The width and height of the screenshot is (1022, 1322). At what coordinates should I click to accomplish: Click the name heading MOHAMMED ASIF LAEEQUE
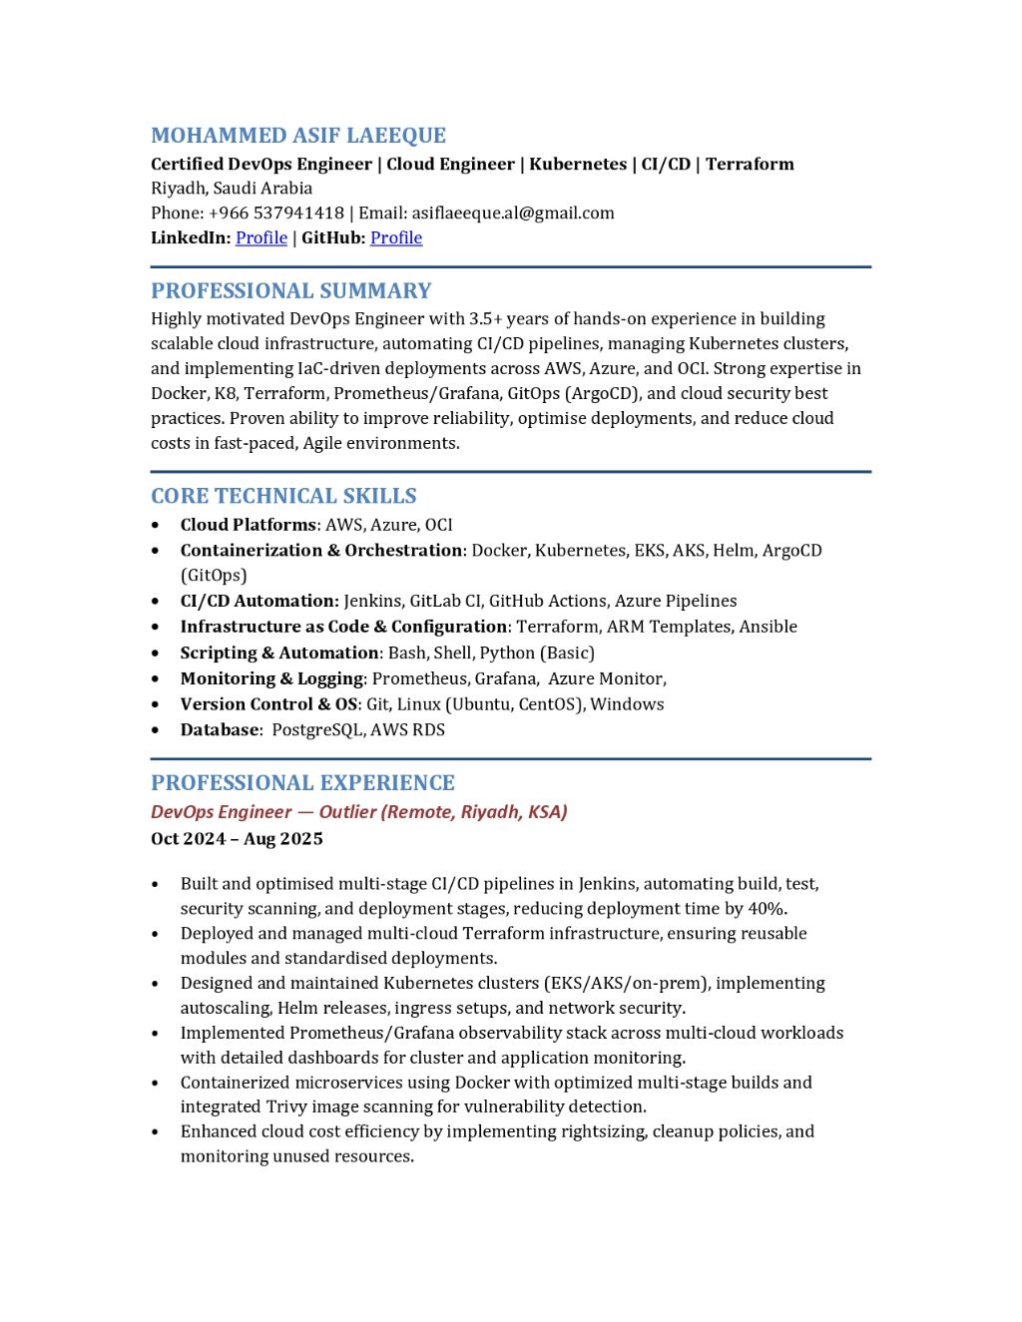[x=298, y=136]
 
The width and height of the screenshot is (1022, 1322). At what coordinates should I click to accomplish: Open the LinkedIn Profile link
[x=261, y=237]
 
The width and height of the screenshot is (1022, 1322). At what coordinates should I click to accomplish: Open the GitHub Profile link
[x=396, y=237]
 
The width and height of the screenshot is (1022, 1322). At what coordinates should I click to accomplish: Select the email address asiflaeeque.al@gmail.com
[x=513, y=213]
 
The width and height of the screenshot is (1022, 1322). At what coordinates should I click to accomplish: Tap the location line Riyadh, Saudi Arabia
[x=232, y=188]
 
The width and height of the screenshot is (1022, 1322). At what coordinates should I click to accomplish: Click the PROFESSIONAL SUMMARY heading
[x=291, y=291]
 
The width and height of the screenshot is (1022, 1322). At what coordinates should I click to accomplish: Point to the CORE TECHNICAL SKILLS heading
[x=283, y=496]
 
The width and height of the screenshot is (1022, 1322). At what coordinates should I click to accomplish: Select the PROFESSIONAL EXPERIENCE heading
[x=302, y=783]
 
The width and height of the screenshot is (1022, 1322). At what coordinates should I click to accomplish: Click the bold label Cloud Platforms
[x=248, y=525]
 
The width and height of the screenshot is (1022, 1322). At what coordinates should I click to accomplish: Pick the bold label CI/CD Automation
[x=259, y=601]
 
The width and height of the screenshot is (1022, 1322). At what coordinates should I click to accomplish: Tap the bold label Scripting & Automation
[x=279, y=653]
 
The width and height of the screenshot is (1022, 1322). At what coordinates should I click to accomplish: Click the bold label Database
[x=220, y=729]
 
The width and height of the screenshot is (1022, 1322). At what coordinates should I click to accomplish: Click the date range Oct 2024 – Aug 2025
[x=237, y=839]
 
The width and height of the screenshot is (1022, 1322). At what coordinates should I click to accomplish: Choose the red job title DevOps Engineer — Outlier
[x=264, y=812]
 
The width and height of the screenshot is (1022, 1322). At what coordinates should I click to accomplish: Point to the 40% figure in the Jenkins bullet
[x=766, y=909]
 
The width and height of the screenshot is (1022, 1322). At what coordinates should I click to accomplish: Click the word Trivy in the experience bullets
[x=288, y=1106]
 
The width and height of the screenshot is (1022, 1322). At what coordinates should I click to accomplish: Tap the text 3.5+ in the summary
[x=486, y=319]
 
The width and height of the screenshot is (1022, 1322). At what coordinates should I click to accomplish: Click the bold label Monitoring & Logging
[x=271, y=678]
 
